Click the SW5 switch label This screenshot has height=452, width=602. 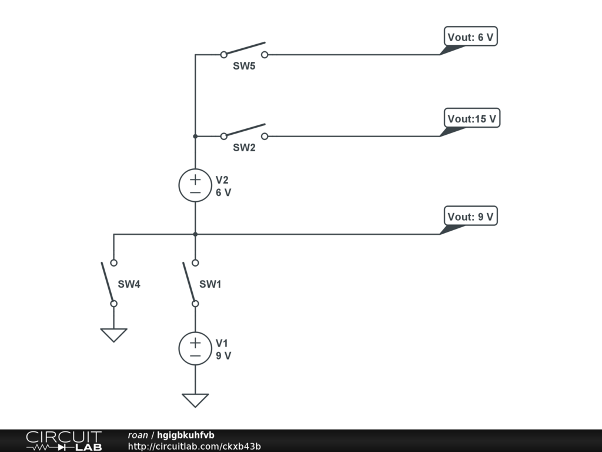244,66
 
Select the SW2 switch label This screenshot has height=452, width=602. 244,148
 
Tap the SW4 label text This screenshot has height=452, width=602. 129,284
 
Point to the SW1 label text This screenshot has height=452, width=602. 210,284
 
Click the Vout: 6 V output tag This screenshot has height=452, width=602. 470,37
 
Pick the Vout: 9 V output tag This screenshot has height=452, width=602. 470,217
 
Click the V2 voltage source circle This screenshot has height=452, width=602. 195,185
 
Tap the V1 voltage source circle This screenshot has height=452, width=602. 195,348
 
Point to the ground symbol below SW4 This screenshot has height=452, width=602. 114,335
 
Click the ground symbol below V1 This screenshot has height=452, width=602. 195,400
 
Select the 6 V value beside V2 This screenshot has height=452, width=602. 223,192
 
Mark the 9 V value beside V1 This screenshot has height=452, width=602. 223,355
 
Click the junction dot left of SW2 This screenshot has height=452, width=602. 195,136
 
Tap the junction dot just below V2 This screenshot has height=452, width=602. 195,234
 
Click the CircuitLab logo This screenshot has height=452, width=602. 63,440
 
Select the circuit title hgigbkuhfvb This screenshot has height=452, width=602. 186,435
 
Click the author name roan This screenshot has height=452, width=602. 138,435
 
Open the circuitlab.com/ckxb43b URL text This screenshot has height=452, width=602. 194,446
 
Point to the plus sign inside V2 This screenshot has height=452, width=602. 195,179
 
